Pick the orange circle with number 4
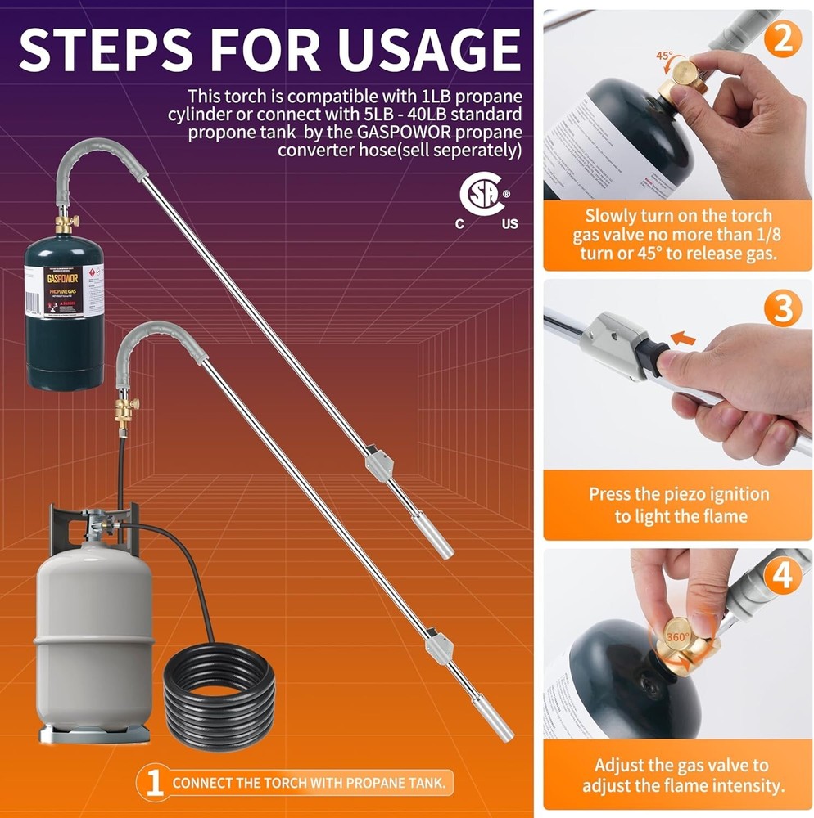782,576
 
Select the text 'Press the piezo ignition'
679,494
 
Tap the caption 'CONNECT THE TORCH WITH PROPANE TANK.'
309,783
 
